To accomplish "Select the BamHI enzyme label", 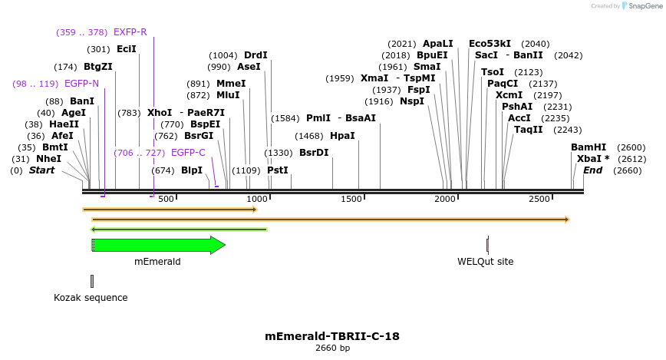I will point(588,147).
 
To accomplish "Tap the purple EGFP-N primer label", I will point(81,83).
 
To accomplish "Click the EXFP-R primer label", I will point(130,32).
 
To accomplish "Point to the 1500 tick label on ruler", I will point(351,200).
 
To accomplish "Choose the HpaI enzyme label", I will point(342,136).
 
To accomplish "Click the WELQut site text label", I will point(485,262).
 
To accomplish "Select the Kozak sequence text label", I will point(91,298).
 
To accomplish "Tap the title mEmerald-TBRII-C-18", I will point(332,336).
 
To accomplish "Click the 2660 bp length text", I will point(332,348).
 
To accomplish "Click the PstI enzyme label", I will point(278,170).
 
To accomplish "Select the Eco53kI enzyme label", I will point(490,44).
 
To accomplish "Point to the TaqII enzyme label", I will point(528,130).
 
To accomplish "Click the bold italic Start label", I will point(41,170).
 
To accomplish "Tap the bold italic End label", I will point(592,170).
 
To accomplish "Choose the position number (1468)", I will point(309,136).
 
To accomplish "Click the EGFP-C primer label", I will point(188,153).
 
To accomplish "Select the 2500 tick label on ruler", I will point(539,200).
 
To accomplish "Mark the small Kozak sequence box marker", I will point(92,281).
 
